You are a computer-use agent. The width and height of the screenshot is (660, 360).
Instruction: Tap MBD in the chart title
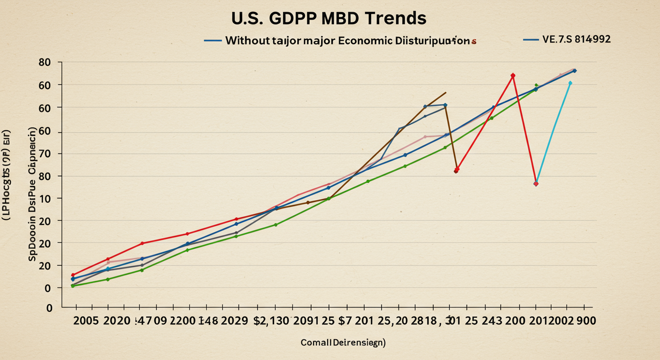[337, 18]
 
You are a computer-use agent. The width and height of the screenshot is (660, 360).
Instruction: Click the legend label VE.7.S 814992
[576, 39]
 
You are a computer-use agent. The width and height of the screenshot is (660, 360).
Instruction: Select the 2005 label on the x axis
[86, 321]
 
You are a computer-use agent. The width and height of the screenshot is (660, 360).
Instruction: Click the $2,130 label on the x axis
[271, 321]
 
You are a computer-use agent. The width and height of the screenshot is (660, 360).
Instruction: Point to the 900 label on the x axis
[586, 321]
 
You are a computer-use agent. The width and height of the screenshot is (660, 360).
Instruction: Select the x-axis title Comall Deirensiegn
[343, 343]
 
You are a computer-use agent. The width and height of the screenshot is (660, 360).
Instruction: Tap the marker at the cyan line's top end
[570, 83]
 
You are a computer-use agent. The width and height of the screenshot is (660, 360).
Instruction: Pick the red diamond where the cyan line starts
[536, 183]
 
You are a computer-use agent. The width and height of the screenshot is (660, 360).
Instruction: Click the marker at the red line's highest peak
[513, 75]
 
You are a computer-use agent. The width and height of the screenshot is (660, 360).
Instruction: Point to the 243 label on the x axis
[495, 321]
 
